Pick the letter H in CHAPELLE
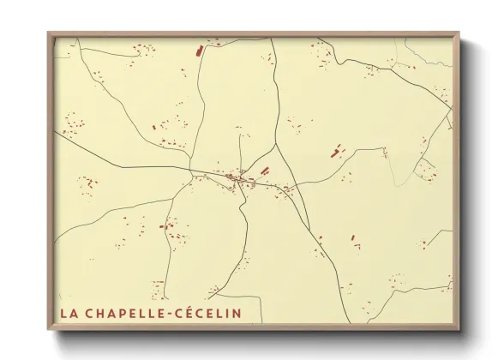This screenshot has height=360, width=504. [x=96, y=313]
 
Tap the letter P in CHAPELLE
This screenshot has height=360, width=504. [x=119, y=313]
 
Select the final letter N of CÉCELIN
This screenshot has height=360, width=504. [x=237, y=313]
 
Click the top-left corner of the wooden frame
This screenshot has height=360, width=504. [x=48, y=33]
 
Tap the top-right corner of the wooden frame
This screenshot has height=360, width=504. [x=459, y=33]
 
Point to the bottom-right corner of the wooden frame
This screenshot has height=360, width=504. [x=459, y=330]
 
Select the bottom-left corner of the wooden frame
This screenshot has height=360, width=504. [x=48, y=330]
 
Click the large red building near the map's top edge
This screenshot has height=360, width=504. [x=200, y=51]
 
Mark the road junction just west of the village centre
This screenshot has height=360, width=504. [x=190, y=171]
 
